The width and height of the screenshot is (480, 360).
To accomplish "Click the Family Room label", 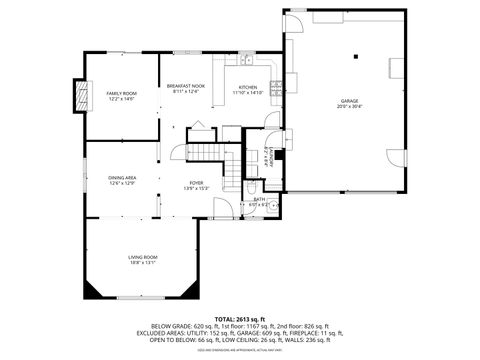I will coord(121,95).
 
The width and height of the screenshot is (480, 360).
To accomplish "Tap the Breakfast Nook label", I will coord(186,89).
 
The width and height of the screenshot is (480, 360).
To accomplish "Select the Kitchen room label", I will coord(247,89).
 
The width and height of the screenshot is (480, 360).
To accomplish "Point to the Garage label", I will coord(349,103).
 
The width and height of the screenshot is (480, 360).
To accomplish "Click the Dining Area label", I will coord(122,179).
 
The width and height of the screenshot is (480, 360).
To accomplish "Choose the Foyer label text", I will coord(197,185).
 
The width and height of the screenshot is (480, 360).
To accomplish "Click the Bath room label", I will coord(258,202).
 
